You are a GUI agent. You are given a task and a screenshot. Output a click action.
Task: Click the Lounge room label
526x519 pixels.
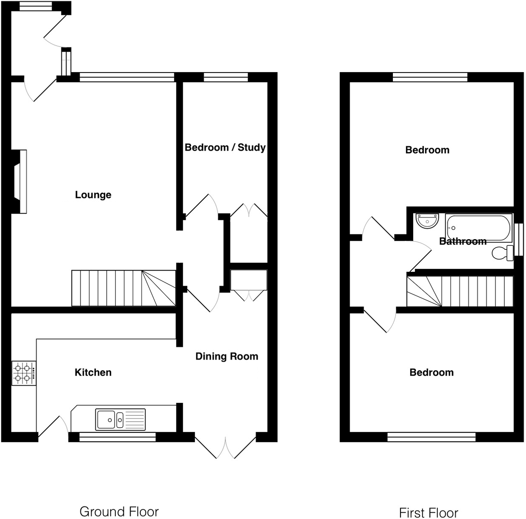pos(93,195)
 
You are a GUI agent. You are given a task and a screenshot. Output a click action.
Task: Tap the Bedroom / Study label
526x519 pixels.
pos(225,148)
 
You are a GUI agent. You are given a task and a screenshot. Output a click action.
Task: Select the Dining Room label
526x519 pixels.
pos(227,357)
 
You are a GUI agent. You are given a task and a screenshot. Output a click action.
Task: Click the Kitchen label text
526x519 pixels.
pos(93,373)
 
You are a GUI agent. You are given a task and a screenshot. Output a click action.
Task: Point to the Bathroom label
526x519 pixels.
pos(463,241)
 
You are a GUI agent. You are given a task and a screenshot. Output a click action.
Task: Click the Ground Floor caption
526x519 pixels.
pos(119,512)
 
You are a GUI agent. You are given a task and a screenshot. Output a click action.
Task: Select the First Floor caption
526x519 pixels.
pos(429,513)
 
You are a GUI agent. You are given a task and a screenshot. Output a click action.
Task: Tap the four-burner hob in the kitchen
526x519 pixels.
pos(24,373)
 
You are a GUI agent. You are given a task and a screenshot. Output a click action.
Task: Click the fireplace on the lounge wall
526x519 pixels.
pos(20,181)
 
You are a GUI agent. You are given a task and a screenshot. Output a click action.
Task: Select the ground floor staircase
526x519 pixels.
pos(123,288)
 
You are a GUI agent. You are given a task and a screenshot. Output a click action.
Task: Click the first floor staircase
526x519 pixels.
pos(459,291)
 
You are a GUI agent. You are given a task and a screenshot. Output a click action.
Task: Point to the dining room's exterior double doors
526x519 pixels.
pos(225,445)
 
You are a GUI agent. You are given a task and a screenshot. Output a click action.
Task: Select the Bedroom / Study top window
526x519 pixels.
pos(225,77)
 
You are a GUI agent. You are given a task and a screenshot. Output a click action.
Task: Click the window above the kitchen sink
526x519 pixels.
pos(117,437)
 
